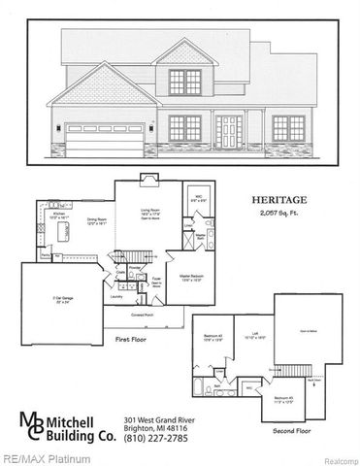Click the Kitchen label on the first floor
coord(57,216)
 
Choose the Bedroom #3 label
coord(282,398)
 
